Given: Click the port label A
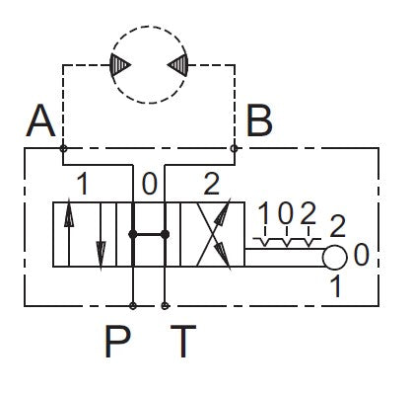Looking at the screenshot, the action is (40, 120).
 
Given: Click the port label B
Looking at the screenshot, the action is (259, 120).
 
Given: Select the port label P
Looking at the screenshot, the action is (117, 341).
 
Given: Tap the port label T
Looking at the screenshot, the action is (183, 341).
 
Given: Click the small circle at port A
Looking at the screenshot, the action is (63, 148).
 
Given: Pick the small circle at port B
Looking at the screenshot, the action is (234, 148).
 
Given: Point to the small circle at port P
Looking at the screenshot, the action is (133, 306).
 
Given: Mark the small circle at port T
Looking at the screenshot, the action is (165, 306).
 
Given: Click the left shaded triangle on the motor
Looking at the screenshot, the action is (120, 64).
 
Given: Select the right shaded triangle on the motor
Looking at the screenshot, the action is (177, 64).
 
